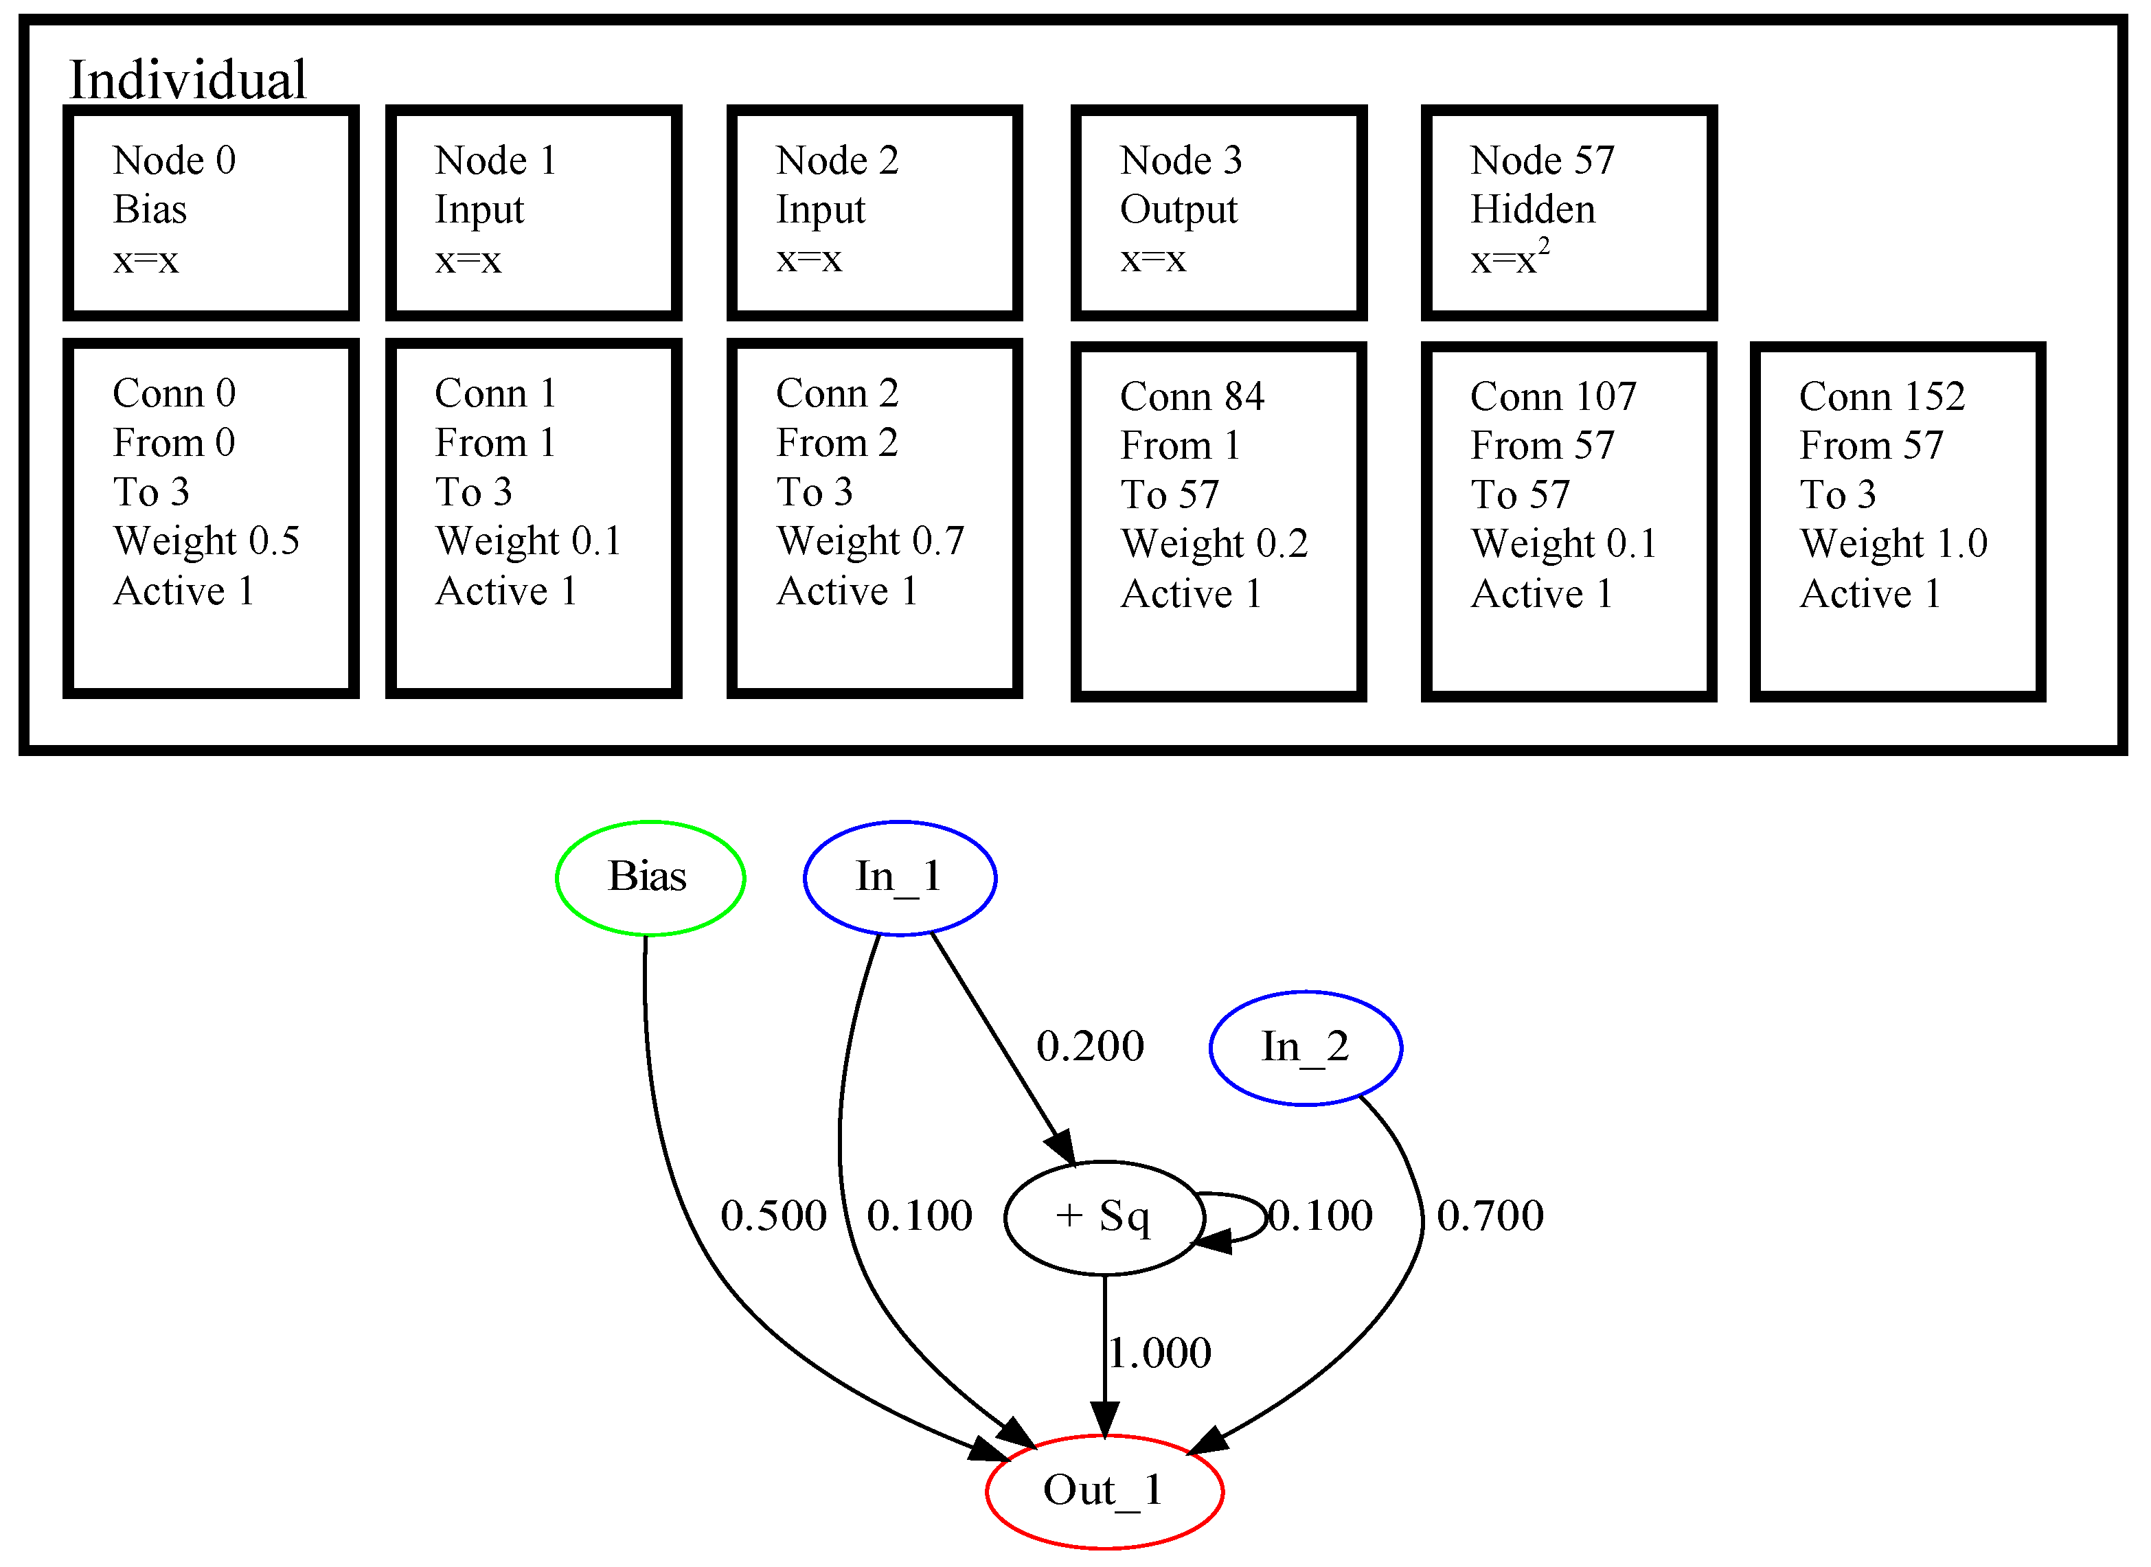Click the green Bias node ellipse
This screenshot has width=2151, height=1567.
pyautogui.click(x=650, y=878)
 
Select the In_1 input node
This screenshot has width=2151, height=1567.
pyautogui.click(x=899, y=878)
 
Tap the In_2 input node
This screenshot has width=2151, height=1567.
pyautogui.click(x=1305, y=1048)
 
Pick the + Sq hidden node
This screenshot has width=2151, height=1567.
pyautogui.click(x=1104, y=1217)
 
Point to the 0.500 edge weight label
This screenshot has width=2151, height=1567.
pyautogui.click(x=773, y=1216)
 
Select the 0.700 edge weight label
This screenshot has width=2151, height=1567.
pyautogui.click(x=1490, y=1216)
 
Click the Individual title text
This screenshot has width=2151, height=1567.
pyautogui.click(x=187, y=80)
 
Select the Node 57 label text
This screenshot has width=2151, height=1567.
pyautogui.click(x=1542, y=160)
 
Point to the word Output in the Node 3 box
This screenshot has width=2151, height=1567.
pyautogui.click(x=1178, y=209)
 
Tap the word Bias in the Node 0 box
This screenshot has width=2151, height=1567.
pyautogui.click(x=150, y=209)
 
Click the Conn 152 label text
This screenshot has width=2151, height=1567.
pyautogui.click(x=1882, y=396)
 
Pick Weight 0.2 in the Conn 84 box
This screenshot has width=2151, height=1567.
pyautogui.click(x=1214, y=545)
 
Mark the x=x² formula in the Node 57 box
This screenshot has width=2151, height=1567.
pyautogui.click(x=1510, y=259)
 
